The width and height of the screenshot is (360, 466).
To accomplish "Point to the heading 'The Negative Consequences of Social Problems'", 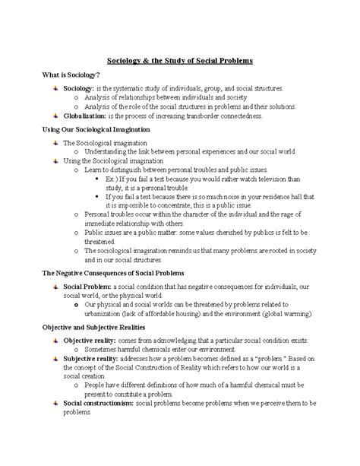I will [x=112, y=271].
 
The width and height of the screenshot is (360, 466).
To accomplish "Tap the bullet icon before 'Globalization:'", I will [x=55, y=116].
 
